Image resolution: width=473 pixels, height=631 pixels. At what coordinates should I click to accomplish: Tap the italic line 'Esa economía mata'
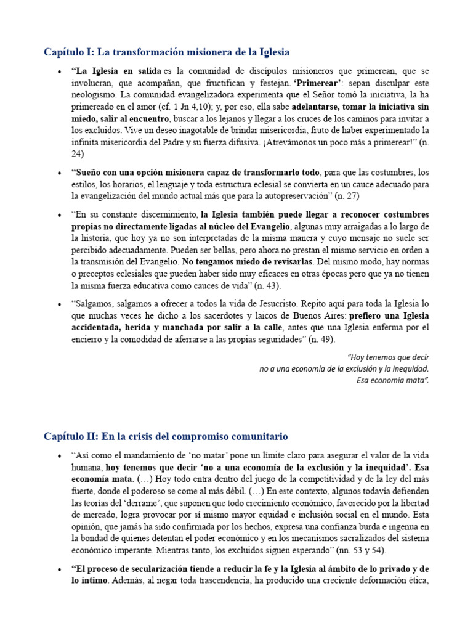[392, 380]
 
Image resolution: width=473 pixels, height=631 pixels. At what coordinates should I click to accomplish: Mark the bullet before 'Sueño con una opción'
[59, 173]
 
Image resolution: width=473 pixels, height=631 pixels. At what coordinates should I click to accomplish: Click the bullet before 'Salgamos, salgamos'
[59, 304]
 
